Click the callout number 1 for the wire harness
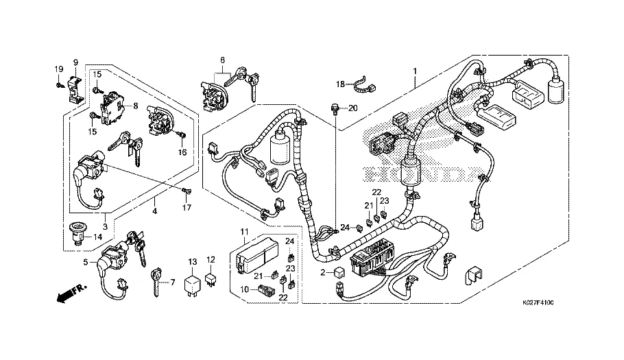coord(414,71)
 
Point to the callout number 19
coord(58,69)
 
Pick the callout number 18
coord(340,84)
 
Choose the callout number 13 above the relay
coord(193,261)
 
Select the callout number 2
coord(323,272)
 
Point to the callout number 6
coord(222,60)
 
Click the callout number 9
coord(75,62)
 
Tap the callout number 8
coord(136,106)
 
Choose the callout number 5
coord(86,261)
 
